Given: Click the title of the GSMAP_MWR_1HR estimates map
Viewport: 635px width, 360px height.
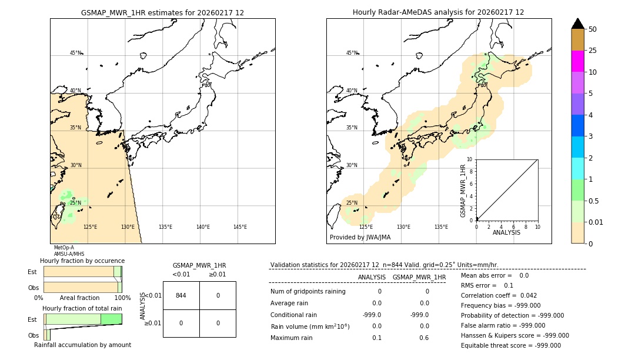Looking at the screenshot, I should [x=162, y=12].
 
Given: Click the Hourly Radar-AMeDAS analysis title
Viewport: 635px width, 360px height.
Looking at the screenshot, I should [x=438, y=12].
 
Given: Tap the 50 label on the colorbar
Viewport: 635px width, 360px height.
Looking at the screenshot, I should [x=593, y=29].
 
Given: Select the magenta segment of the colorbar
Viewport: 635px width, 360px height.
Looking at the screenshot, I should [x=577, y=61].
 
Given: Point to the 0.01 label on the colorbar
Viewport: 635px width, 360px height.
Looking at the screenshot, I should [x=596, y=222].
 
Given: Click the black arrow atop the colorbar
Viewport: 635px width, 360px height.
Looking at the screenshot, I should [x=577, y=24].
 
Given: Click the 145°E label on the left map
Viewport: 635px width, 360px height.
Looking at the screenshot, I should [x=240, y=227].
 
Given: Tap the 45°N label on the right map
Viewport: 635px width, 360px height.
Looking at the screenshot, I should [x=352, y=53].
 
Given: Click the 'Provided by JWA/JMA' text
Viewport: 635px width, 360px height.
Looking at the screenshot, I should [x=360, y=238].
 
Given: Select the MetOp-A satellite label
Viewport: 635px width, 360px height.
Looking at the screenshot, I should [x=64, y=248].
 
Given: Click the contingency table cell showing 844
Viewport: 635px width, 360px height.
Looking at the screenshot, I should [x=181, y=295].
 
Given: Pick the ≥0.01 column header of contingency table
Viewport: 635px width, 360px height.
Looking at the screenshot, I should [x=218, y=274].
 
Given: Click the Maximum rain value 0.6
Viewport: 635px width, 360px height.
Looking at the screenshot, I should [x=423, y=338].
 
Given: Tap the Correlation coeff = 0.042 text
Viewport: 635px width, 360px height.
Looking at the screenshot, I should [x=499, y=295].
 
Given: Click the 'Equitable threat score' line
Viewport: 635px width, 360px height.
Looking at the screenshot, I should [x=510, y=345].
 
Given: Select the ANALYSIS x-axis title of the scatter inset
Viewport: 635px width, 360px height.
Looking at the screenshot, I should [x=506, y=232].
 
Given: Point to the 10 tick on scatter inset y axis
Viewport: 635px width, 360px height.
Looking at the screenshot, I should [x=469, y=159].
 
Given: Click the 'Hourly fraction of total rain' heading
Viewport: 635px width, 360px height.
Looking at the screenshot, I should [x=82, y=308].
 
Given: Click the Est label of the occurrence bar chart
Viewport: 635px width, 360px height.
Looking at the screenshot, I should [x=32, y=272].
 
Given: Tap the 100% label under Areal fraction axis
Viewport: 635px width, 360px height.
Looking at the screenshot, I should [x=122, y=298].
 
